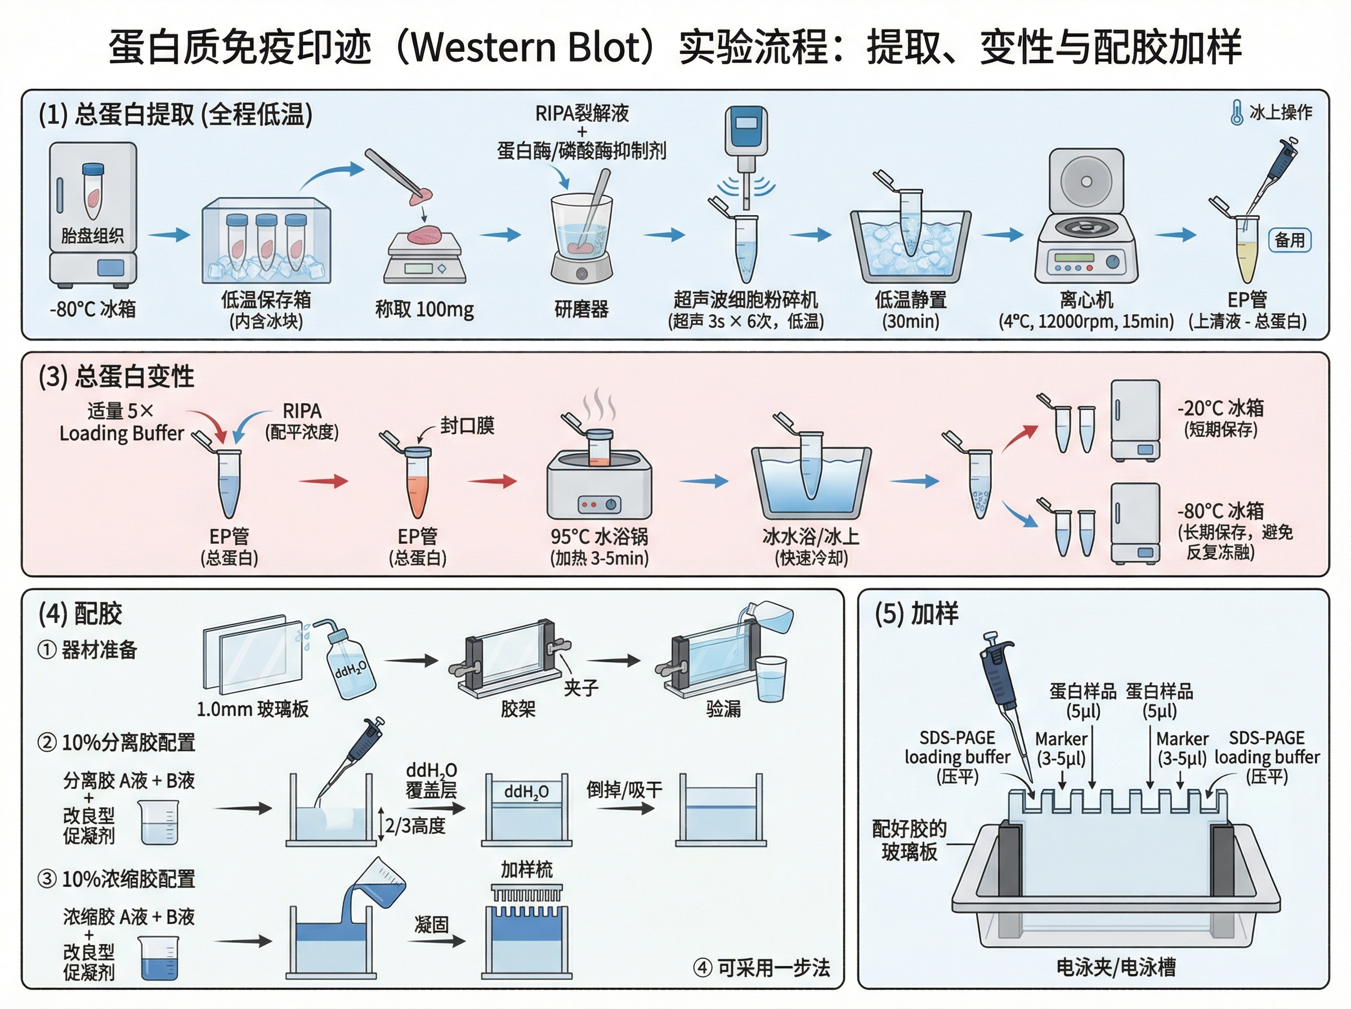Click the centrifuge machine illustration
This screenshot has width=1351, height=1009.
[x=1086, y=220]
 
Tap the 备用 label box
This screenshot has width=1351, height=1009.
[x=1289, y=240]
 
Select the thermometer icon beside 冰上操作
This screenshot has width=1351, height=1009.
[x=1236, y=113]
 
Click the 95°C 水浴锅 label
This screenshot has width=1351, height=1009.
[x=599, y=536]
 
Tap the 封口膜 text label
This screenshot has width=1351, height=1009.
[x=467, y=425]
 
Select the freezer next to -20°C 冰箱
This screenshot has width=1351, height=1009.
[x=1135, y=420]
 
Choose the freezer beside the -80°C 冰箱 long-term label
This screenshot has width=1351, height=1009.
[x=1135, y=523]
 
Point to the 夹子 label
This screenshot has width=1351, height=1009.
[x=580, y=687]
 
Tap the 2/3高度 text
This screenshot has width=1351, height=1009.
[x=415, y=826]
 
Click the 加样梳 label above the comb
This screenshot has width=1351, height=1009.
[x=526, y=869]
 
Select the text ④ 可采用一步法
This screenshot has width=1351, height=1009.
[x=761, y=967]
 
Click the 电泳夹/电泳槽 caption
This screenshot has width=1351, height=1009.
[x=1115, y=967]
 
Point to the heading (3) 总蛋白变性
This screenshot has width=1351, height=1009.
[x=116, y=376]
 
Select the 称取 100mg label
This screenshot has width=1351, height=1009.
[x=424, y=309]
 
